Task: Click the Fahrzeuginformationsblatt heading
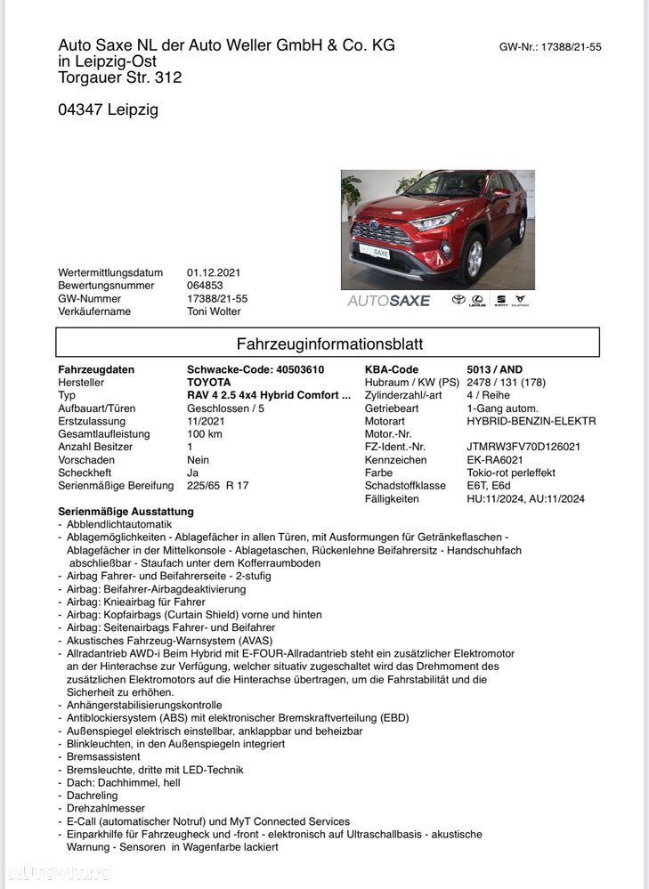(329, 343)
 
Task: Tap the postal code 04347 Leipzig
(108, 110)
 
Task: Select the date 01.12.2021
(214, 272)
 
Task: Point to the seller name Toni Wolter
(214, 311)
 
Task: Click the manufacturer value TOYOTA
(208, 383)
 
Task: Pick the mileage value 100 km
(204, 434)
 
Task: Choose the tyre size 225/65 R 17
(218, 486)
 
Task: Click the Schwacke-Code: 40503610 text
(256, 369)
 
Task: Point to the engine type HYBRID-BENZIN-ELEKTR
(531, 421)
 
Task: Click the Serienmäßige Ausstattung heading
(126, 512)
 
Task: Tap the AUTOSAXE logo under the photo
(388, 301)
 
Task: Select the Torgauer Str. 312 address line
(119, 77)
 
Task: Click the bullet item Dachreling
(93, 796)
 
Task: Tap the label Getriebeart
(393, 408)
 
